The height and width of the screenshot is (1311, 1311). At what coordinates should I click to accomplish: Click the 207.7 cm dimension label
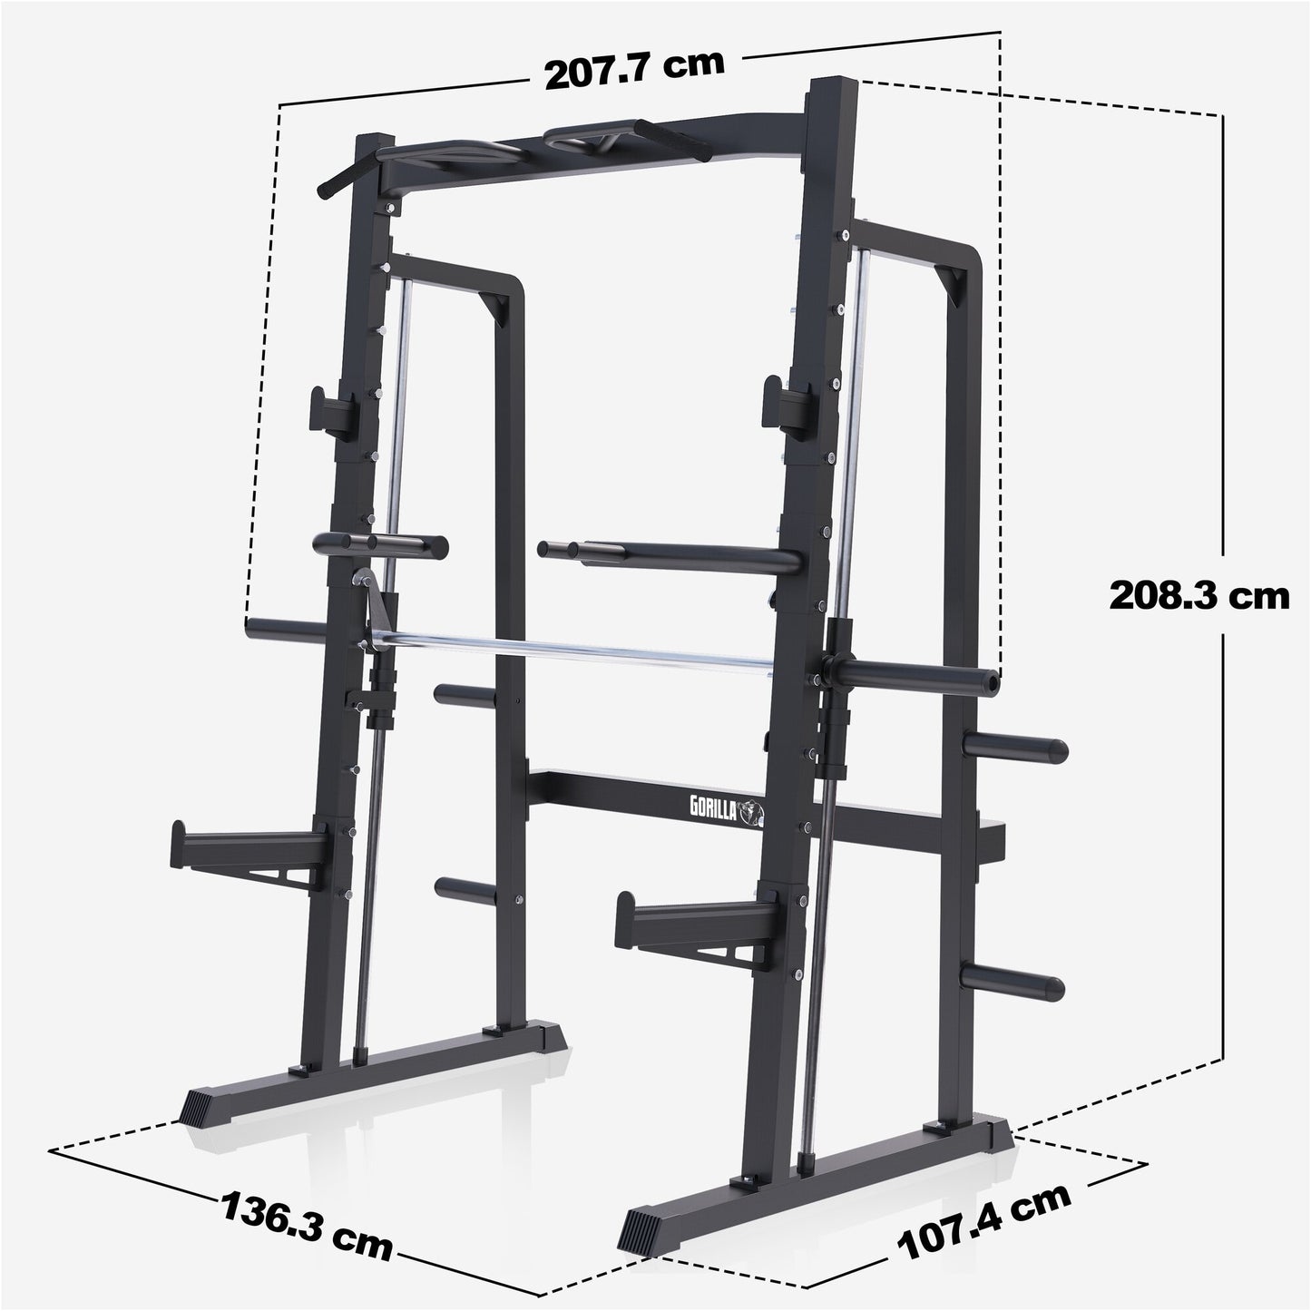pyautogui.click(x=634, y=70)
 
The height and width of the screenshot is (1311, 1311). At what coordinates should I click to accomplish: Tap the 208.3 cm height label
pyautogui.click(x=1198, y=596)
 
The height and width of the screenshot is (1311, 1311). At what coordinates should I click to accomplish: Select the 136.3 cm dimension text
pyautogui.click(x=306, y=1226)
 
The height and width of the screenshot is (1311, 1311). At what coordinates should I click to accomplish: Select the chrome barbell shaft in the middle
pyautogui.click(x=581, y=651)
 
